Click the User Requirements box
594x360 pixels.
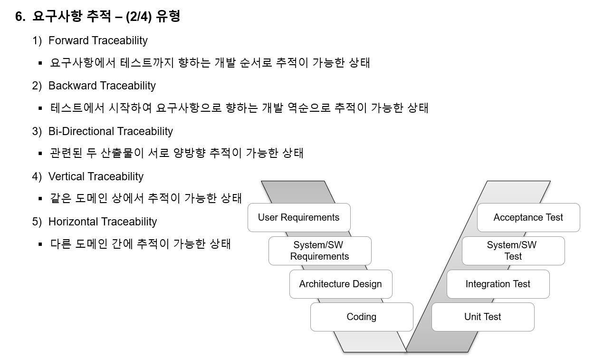[x=299, y=217]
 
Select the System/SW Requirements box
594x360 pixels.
[x=320, y=251]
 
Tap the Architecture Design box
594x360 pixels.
[x=341, y=284]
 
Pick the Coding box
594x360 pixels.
[x=362, y=317]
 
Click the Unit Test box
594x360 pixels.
[x=483, y=317]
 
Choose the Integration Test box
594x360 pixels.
[x=498, y=284]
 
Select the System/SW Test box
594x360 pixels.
[x=513, y=251]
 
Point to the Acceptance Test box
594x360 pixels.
[x=528, y=217]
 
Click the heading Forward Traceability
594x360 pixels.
[x=98, y=40]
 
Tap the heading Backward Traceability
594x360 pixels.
[x=102, y=86]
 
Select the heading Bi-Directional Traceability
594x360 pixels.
[x=111, y=131]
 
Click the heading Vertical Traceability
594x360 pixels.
[x=96, y=176]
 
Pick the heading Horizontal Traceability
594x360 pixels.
[x=103, y=222]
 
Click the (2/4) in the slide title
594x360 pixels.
[x=138, y=17]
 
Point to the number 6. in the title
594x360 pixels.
[x=19, y=17]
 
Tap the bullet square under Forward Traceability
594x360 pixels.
[x=40, y=63]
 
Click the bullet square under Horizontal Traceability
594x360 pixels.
[x=40, y=244]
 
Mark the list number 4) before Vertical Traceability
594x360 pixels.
[x=37, y=176]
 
